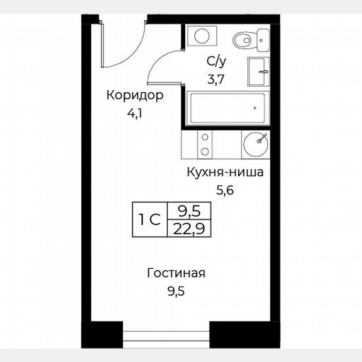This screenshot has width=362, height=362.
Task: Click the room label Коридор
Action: (x=134, y=96)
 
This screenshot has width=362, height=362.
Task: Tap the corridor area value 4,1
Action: (x=134, y=114)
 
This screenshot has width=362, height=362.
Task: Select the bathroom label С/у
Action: (x=216, y=62)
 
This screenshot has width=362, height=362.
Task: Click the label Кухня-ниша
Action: (x=225, y=172)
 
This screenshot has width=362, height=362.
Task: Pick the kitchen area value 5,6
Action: (x=224, y=191)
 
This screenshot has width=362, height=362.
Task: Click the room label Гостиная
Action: (x=176, y=274)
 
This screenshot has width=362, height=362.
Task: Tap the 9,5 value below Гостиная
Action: (x=176, y=290)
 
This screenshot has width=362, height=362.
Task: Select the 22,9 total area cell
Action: (x=189, y=229)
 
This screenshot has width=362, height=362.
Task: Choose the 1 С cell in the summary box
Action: (x=150, y=220)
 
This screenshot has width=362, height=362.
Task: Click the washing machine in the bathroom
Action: (x=202, y=35)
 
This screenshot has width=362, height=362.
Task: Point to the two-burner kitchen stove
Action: (x=204, y=144)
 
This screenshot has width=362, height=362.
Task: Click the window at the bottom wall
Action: (x=166, y=336)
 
